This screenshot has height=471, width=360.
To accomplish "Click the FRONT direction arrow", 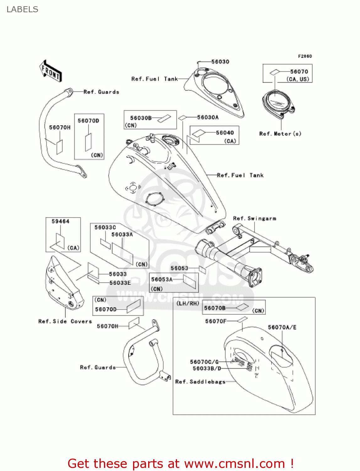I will click(x=51, y=71).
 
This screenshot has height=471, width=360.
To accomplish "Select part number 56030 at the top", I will click(x=220, y=62).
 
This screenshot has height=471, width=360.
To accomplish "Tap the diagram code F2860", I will click(x=305, y=56).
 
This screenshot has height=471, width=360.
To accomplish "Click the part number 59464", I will click(x=60, y=221).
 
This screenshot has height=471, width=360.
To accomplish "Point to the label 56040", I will click(x=225, y=133).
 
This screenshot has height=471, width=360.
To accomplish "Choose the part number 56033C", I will click(x=105, y=227).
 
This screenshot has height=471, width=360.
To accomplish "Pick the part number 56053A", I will click(x=162, y=279).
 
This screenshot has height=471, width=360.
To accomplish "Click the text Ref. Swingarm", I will click(x=255, y=218).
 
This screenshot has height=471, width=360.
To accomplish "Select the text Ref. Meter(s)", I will click(x=280, y=134).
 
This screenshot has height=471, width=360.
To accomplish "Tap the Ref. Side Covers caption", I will click(x=65, y=321).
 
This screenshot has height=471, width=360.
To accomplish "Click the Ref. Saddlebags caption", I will click(x=200, y=382).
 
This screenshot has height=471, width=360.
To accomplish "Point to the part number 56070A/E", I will click(x=282, y=327).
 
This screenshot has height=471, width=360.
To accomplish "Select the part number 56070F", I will click(x=216, y=321).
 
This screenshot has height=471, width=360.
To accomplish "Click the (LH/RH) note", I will click(x=188, y=303).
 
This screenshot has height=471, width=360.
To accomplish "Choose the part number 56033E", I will click(x=120, y=283).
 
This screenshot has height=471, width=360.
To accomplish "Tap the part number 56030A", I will click(x=208, y=117).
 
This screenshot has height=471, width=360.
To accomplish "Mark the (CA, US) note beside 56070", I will click(x=298, y=79).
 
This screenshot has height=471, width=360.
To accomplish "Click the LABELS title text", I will click(x=22, y=9).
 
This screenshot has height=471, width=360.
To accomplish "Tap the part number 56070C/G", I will click(x=204, y=362).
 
